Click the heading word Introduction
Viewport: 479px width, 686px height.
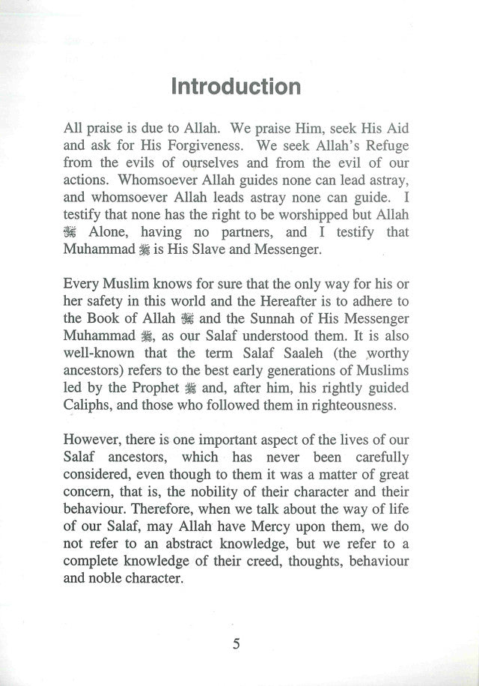coord(236,87)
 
